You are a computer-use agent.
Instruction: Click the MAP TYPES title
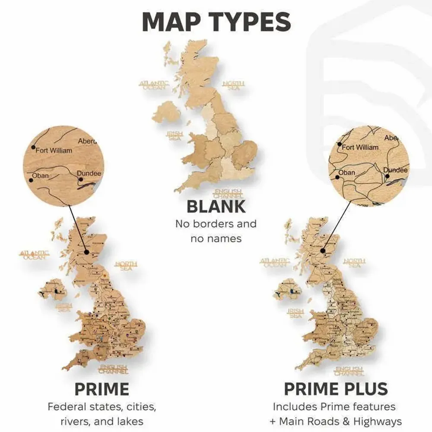click(216, 22)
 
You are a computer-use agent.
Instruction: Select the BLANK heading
click(216, 206)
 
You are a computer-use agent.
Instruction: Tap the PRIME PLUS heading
click(336, 389)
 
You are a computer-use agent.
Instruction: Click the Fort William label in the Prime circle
click(54, 151)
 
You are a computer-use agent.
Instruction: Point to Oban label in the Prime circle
click(41, 176)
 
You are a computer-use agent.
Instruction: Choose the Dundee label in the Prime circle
click(89, 174)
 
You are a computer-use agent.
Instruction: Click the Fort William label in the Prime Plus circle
click(360, 147)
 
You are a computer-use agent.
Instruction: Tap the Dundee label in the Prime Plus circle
click(395, 170)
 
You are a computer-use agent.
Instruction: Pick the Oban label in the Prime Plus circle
click(346, 172)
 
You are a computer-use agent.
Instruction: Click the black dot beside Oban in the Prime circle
click(30, 179)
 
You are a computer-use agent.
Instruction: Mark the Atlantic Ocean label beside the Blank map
click(154, 85)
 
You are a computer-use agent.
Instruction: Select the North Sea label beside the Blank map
click(233, 86)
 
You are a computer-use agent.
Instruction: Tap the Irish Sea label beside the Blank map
click(175, 136)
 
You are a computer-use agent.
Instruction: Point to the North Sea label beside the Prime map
click(126, 266)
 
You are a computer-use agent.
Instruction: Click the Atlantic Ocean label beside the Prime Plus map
click(275, 263)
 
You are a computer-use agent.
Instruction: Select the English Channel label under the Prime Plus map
click(349, 371)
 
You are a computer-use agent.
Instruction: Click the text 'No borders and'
click(216, 224)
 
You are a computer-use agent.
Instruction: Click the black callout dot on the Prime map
click(86, 252)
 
